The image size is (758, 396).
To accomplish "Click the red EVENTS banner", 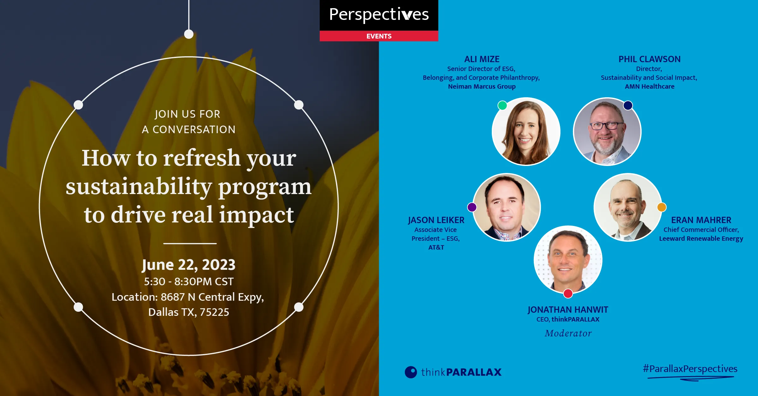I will point(379,36).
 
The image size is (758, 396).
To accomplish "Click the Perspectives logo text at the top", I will point(379,15).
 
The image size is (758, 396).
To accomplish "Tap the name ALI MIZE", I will point(482,59).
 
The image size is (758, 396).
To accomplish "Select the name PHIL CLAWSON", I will point(649,59).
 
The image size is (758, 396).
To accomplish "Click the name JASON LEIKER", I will point(436,220).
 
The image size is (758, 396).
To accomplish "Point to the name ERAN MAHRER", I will point(701,220).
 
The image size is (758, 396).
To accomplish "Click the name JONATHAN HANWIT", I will point(568,310).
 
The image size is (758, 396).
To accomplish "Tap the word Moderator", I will point(568,333).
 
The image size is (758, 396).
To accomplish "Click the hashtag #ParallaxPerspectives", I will point(690,369).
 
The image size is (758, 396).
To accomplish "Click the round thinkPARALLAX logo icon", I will point(411,372).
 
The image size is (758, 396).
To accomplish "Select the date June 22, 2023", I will point(189,265).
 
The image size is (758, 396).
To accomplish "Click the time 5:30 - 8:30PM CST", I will point(189,281).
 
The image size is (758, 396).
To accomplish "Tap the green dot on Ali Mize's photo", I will point(502,105).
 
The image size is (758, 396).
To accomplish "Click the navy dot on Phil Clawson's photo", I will point(628,105).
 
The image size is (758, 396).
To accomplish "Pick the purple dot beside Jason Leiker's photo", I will point(472,207).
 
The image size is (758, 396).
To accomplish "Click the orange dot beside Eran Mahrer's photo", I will point(662,207).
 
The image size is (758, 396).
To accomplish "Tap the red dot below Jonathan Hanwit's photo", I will point(568,293).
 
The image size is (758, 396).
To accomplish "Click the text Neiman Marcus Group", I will point(482,86).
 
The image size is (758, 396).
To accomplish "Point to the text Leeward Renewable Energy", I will point(701,239).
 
